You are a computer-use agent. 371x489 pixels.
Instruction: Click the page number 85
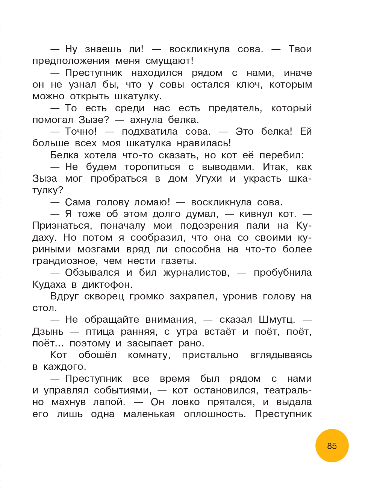click(x=332, y=446)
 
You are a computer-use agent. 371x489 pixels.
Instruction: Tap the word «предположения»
click(x=71, y=61)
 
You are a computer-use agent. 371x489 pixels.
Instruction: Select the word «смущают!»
click(x=170, y=61)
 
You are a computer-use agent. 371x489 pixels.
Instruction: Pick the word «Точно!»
click(x=81, y=132)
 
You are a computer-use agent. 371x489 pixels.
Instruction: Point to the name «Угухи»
click(x=209, y=179)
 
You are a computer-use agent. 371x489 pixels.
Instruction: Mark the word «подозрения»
click(x=209, y=226)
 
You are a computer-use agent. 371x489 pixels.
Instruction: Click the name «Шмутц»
click(x=277, y=320)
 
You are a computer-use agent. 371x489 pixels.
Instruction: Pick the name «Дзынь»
click(x=48, y=332)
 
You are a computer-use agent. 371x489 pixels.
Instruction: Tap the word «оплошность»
click(x=215, y=414)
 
